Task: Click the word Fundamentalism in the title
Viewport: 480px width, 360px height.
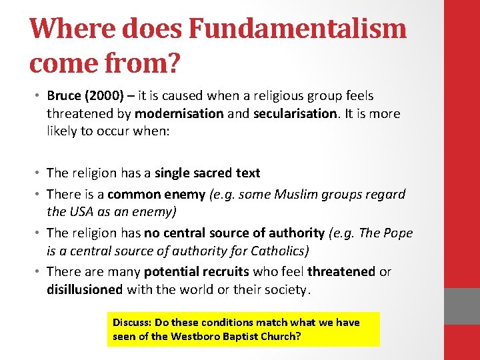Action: [x=298, y=28]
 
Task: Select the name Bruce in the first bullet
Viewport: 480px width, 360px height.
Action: [x=65, y=96]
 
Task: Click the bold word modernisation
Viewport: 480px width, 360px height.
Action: [x=179, y=113]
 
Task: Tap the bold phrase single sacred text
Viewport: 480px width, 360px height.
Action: [x=207, y=173]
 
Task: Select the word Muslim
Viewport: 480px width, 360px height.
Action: [x=301, y=195]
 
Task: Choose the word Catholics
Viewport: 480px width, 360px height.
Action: [x=275, y=250]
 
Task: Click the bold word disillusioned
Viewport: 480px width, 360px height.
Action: [x=85, y=289]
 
